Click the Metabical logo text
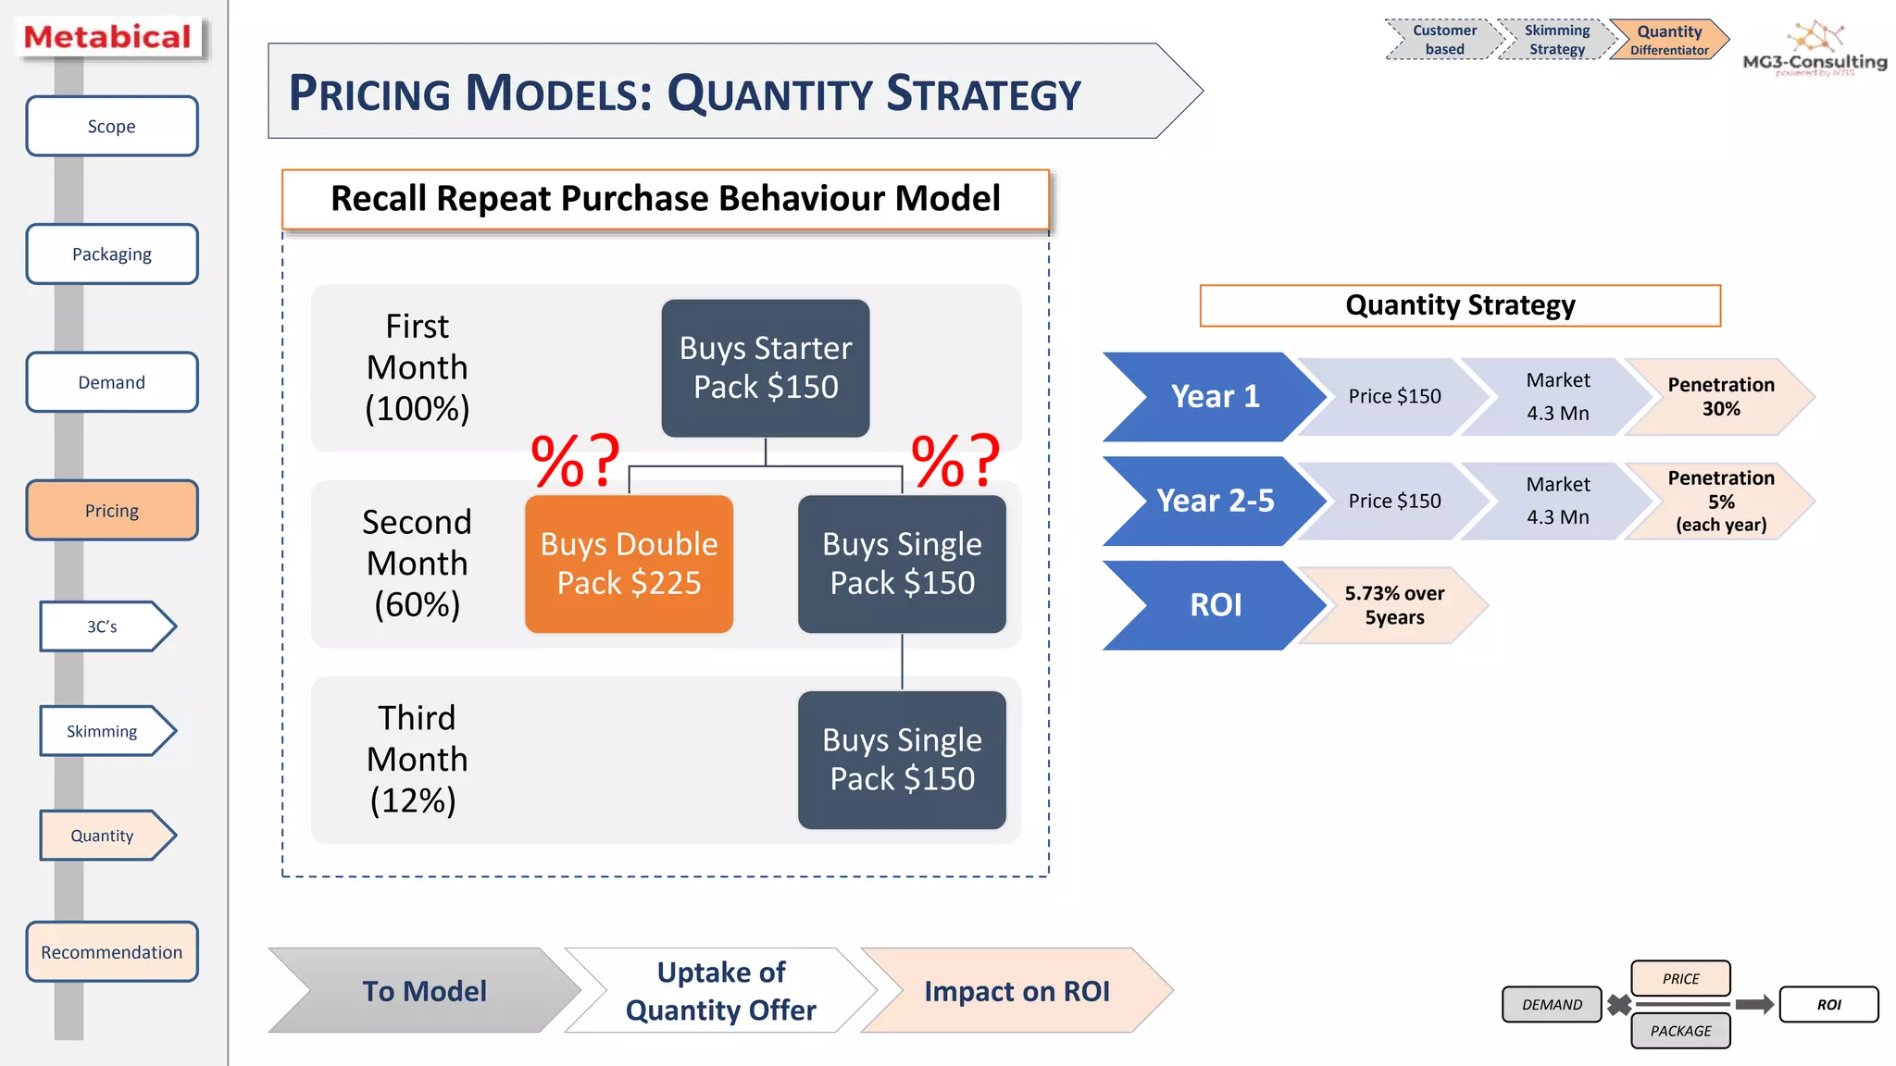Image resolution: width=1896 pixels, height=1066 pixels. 107,37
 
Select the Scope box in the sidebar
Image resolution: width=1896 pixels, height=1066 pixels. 112,126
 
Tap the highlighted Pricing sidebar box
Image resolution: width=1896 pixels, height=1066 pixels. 112,510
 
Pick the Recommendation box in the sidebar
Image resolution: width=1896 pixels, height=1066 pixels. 112,951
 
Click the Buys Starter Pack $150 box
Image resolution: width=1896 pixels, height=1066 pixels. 765,367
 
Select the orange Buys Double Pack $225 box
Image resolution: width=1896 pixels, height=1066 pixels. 629,564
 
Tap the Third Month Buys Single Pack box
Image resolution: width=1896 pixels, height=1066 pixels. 901,760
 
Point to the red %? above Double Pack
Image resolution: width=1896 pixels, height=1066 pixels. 574,460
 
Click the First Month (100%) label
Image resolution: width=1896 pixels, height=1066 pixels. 417,367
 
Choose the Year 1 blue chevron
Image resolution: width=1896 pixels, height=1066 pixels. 1213,397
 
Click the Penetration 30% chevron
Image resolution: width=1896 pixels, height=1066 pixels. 1718,397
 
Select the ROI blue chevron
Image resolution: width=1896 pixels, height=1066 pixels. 1213,605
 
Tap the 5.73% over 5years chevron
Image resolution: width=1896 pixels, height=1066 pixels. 1392,605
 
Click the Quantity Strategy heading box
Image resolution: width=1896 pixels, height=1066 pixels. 1459,305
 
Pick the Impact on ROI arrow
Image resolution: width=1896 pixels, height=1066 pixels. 1016,991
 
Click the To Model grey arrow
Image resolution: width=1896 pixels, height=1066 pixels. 424,991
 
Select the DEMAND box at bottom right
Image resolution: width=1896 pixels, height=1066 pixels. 1552,1004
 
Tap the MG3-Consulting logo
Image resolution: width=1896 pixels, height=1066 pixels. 1814,51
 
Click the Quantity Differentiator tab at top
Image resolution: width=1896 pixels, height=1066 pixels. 1668,40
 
